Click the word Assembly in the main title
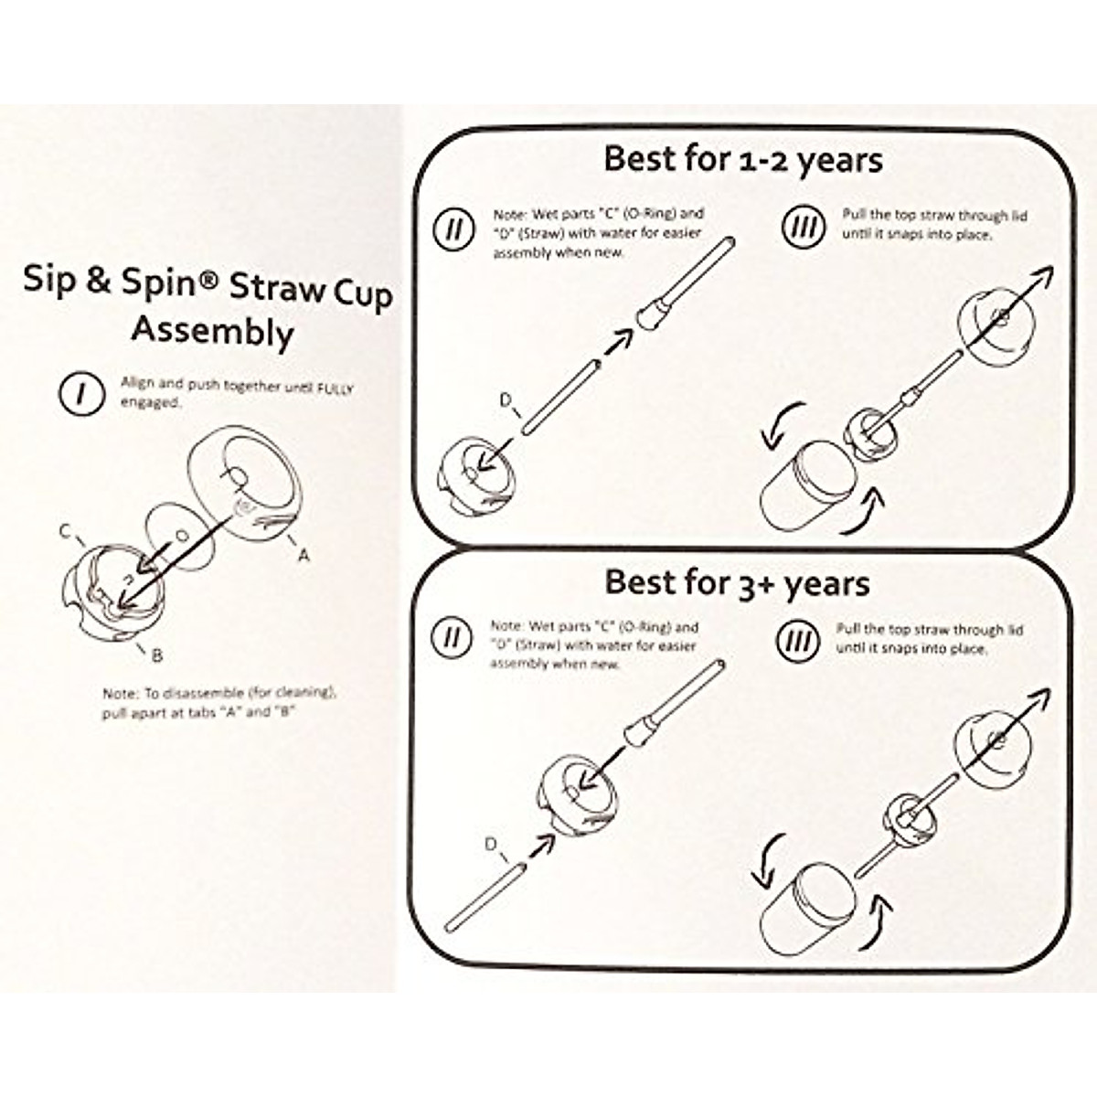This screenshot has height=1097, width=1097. pos(211,331)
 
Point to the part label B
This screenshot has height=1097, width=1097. pos(157,655)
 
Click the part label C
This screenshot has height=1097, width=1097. pos(65,531)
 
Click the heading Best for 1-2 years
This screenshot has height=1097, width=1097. pos(742,159)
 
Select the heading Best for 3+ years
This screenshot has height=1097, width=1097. pos(737,582)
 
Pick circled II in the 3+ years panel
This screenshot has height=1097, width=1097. pos(452,637)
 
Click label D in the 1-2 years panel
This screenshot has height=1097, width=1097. pos(505,399)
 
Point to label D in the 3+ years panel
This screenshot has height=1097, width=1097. pos(492,844)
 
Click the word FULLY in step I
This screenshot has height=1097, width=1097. pos(335,388)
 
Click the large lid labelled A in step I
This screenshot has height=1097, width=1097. pos(245,485)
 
